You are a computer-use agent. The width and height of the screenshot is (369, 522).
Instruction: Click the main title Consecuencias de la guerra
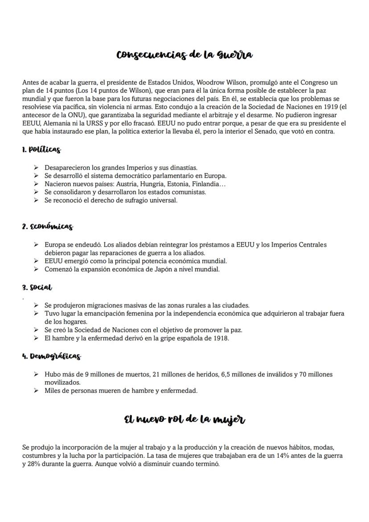[184, 55]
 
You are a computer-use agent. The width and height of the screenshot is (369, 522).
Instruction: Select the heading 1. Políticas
[41, 150]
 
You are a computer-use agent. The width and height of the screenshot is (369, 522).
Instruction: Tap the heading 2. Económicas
[47, 226]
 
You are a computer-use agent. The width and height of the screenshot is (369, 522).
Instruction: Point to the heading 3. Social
[37, 288]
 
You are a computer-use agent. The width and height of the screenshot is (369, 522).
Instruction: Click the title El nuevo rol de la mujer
[184, 419]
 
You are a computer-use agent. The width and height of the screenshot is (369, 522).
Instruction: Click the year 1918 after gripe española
[220, 338]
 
